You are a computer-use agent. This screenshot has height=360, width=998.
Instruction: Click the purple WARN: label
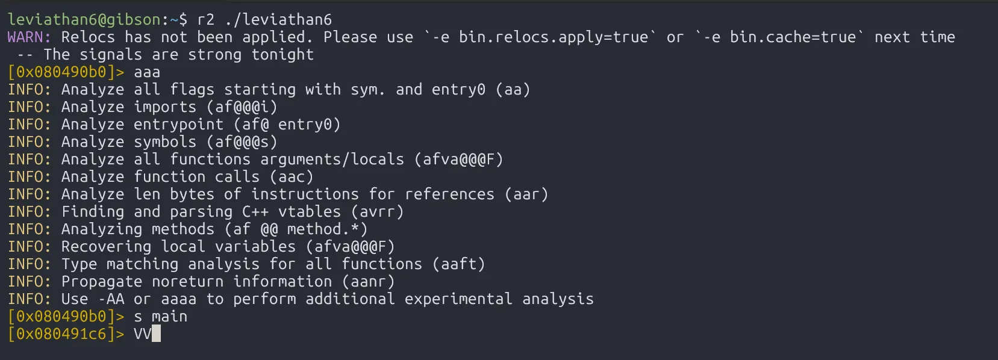click(x=30, y=37)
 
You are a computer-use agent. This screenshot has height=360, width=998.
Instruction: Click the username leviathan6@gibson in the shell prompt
click(x=84, y=20)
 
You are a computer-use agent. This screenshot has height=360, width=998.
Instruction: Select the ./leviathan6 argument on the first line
click(x=278, y=20)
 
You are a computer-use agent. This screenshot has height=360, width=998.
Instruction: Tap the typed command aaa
click(x=147, y=72)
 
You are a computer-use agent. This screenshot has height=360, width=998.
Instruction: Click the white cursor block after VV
click(x=156, y=334)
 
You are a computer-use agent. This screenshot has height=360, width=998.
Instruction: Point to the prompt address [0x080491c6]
click(x=62, y=334)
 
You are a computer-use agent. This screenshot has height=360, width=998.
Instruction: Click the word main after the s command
click(x=169, y=316)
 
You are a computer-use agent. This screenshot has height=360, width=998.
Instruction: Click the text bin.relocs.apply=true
click(x=554, y=37)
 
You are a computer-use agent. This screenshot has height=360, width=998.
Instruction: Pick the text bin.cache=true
click(x=793, y=37)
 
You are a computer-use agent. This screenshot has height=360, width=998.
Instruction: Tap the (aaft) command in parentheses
click(x=458, y=264)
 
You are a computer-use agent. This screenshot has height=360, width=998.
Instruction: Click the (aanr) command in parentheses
click(x=368, y=282)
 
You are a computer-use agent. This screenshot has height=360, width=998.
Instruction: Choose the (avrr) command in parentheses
click(x=377, y=212)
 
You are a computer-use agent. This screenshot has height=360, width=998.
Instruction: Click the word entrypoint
click(x=179, y=125)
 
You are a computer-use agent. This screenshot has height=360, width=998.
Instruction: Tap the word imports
click(x=165, y=107)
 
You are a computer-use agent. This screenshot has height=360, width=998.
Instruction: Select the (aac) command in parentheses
click(x=292, y=177)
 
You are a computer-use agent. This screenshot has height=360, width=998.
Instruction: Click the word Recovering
click(x=106, y=247)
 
